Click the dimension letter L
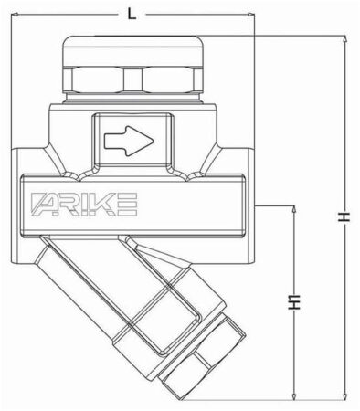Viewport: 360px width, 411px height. [132, 15]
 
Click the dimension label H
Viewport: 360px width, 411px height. [344, 217]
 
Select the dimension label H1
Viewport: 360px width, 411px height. [294, 302]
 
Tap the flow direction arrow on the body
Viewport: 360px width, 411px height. [129, 141]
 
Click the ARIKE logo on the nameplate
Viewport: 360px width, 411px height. [84, 205]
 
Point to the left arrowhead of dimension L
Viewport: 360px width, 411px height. [15, 15]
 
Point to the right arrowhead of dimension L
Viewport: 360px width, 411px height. [250, 15]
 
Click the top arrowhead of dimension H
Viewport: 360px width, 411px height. [344, 39]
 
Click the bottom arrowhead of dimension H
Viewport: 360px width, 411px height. [344, 395]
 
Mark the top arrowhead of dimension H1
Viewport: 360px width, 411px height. [294, 209]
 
